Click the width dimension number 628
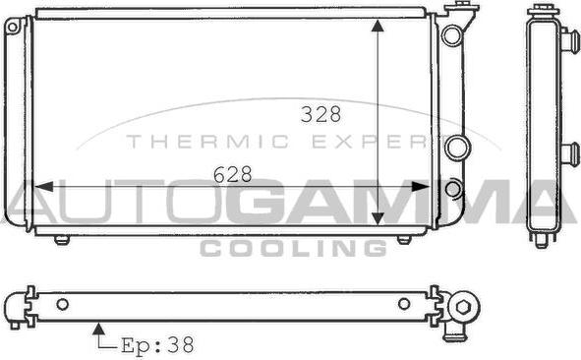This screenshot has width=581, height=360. point(233,174)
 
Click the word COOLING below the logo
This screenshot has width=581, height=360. point(292,248)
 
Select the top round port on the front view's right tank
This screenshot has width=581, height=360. point(451,36)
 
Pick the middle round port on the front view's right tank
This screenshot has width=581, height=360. point(454,149)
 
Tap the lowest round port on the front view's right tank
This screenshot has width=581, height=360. point(452,188)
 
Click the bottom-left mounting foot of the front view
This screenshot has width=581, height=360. point(62,239)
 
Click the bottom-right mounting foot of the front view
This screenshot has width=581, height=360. point(403,239)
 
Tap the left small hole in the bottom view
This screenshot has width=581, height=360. point(62,304)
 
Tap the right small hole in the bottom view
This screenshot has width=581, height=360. point(403,304)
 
